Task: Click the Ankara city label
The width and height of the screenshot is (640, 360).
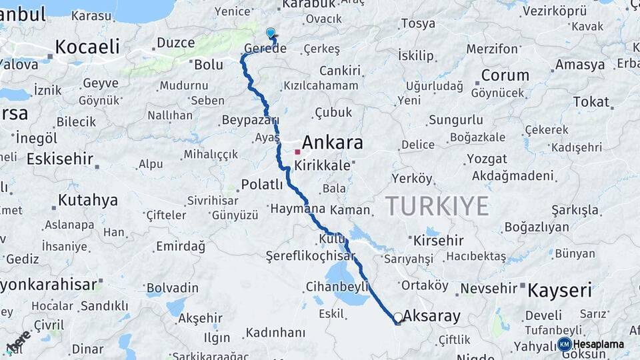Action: tap(332, 143)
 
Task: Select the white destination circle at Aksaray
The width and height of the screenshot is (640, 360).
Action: tap(398, 317)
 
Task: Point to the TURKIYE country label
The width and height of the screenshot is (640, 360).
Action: tap(437, 206)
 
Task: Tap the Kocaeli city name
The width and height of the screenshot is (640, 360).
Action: tap(87, 47)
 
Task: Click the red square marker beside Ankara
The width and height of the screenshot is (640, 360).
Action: tap(297, 152)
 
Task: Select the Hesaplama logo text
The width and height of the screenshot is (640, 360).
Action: tap(599, 345)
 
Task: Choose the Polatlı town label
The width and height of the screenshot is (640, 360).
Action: tap(263, 184)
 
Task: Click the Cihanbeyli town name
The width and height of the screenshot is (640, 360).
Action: tap(337, 287)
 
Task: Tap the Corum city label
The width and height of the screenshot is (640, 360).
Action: tap(505, 75)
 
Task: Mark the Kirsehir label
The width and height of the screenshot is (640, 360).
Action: tap(438, 240)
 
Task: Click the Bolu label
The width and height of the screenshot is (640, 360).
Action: tap(208, 65)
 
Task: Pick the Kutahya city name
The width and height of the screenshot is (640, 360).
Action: tap(87, 200)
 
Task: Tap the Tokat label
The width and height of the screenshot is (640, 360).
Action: tap(591, 102)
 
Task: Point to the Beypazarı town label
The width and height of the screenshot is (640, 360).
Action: tap(250, 121)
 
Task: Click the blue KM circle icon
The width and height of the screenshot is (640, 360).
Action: tap(564, 345)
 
